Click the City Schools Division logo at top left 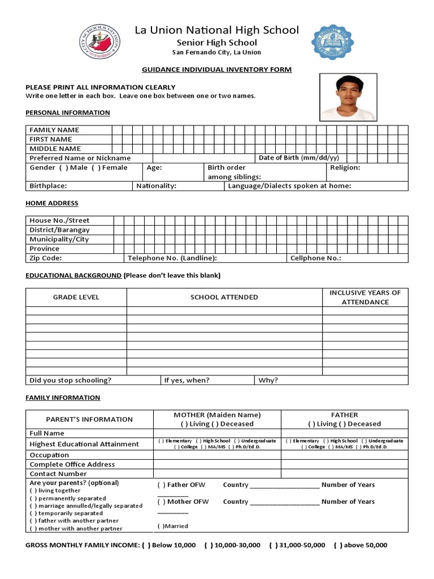click(x=99, y=42)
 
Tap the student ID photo click(x=348, y=97)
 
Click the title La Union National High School click(x=216, y=30)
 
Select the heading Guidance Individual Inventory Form click(x=216, y=70)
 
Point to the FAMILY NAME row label click(x=54, y=130)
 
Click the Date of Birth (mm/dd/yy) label click(x=299, y=158)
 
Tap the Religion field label click(x=345, y=167)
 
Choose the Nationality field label click(x=157, y=186)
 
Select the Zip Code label click(x=46, y=258)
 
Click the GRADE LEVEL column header click(x=76, y=297)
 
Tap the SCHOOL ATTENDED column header click(x=224, y=297)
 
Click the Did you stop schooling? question click(x=71, y=381)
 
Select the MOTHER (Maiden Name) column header click(x=217, y=415)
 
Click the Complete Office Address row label click(x=72, y=464)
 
